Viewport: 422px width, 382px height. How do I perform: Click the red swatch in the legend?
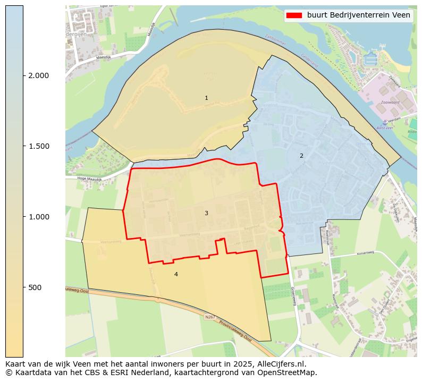pos(294,15)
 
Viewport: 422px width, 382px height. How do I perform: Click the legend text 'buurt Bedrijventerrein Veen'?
pos(359,15)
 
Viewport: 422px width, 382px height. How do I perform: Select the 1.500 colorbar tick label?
pos(39,146)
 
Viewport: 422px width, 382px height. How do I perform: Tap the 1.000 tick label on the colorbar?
pos(39,217)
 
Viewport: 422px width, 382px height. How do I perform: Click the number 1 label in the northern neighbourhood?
pos(206,98)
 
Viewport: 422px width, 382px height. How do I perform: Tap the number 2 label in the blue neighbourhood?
pos(301,156)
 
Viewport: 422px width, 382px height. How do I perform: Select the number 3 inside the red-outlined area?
pos(206,213)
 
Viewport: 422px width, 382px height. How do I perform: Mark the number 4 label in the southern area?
pos(176,274)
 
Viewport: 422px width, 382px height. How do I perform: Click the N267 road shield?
pos(210,318)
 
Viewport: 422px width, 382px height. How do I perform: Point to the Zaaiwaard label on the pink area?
pos(390,103)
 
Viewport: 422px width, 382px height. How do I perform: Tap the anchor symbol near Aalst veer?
pos(385,123)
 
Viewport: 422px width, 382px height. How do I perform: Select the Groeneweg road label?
pos(293,296)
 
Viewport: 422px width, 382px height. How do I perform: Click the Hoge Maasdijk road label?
pos(89,179)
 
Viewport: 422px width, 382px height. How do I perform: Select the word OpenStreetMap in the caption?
pos(289,372)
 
